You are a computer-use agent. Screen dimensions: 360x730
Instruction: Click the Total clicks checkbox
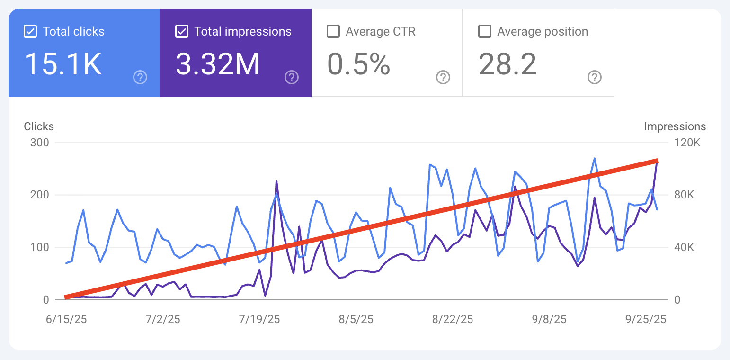click(30, 32)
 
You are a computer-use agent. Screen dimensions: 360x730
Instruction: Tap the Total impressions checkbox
click(182, 32)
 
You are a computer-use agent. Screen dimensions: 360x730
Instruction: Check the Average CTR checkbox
click(333, 32)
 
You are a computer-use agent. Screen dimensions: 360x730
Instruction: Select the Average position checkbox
click(485, 32)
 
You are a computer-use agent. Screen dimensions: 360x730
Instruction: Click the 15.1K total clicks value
click(63, 64)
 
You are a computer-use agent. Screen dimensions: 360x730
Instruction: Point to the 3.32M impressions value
click(218, 64)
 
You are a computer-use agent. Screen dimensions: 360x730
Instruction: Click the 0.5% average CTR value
click(359, 64)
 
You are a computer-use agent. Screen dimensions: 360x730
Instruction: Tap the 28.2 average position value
click(507, 64)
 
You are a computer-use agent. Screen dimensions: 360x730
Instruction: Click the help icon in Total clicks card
click(140, 77)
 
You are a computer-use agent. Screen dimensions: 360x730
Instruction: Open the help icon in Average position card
click(595, 77)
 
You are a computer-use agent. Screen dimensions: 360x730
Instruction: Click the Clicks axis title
click(39, 126)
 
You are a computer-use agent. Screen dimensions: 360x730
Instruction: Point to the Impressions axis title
click(675, 126)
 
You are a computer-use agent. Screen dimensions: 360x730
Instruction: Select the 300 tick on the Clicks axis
click(39, 143)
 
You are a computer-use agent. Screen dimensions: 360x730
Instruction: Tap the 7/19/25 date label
click(259, 319)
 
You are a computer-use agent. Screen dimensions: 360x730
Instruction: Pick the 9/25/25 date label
click(646, 319)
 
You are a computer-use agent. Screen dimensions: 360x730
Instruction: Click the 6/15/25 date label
click(66, 319)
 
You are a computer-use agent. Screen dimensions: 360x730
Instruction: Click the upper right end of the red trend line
click(656, 161)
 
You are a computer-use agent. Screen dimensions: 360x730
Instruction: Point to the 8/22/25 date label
click(453, 319)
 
